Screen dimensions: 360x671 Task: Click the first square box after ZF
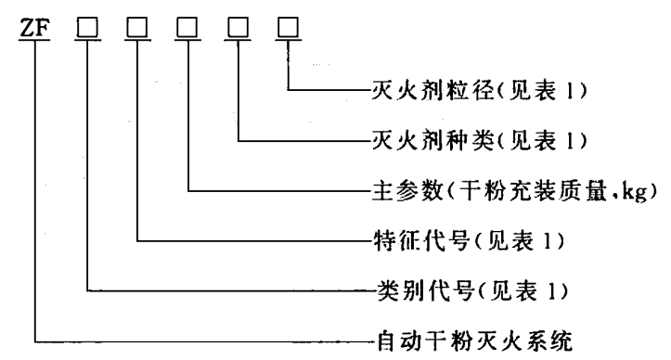[87, 30]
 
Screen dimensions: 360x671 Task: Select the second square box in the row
[138, 30]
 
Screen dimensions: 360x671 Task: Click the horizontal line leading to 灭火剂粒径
[325, 91]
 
